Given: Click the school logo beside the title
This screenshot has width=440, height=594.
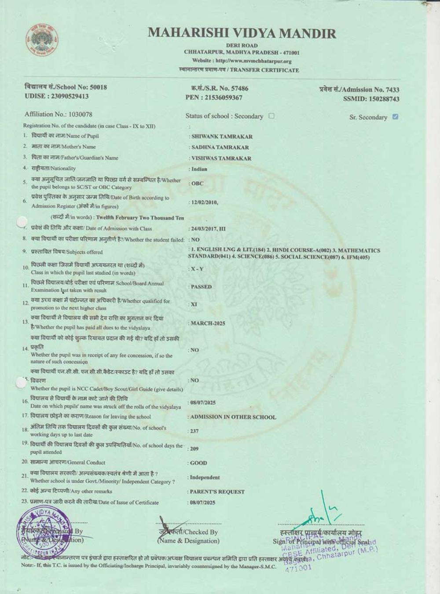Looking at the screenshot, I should [x=42, y=41].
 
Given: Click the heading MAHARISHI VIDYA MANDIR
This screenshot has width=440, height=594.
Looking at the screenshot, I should [x=242, y=33].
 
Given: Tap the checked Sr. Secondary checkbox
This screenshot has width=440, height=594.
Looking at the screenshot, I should [x=395, y=117].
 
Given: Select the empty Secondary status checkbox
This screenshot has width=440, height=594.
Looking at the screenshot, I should [x=271, y=116].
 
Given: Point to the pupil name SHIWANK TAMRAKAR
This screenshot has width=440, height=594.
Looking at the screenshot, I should [x=222, y=136].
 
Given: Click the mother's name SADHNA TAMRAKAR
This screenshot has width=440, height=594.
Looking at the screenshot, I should [x=220, y=147].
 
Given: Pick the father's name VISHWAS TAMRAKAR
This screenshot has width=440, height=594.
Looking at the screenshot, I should [x=221, y=158].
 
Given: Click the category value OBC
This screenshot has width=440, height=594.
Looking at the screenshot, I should [x=197, y=183].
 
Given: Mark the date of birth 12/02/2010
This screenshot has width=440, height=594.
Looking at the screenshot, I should [x=204, y=202].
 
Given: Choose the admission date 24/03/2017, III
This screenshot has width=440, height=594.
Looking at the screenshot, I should [x=208, y=229].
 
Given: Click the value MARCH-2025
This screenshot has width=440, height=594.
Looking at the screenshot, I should [x=208, y=323].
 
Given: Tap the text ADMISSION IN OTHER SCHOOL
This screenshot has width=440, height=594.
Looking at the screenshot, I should [x=233, y=417].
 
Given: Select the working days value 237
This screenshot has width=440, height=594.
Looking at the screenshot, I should [x=194, y=431].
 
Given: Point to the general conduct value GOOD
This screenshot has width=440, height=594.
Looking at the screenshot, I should [x=198, y=463].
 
